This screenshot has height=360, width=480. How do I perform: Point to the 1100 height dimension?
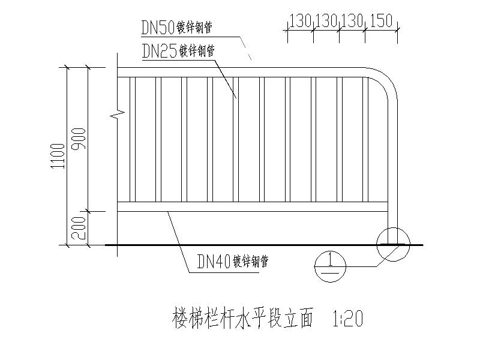(x=58, y=156)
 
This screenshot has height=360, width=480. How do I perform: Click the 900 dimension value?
(x=79, y=139)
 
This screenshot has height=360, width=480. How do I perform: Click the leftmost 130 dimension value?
(x=300, y=21)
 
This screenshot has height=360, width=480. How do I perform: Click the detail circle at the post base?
(x=392, y=244)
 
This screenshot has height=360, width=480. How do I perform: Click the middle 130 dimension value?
(x=326, y=21)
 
